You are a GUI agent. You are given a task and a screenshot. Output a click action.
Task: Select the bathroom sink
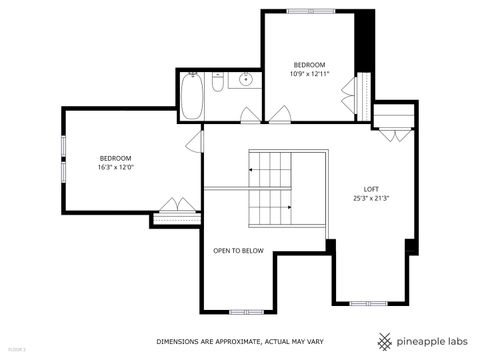point(245,81)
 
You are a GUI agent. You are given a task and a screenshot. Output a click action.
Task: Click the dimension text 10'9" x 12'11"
point(310,73)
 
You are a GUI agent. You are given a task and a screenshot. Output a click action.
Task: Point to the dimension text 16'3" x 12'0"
point(116,167)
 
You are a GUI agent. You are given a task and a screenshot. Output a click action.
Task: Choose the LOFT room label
point(371,189)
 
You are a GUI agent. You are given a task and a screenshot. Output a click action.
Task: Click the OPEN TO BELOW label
point(238,251)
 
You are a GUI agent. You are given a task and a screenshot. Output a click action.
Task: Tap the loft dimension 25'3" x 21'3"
point(371,198)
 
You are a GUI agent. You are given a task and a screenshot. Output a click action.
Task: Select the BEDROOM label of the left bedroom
point(115,158)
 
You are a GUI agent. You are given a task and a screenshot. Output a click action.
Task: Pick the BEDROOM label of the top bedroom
point(310,64)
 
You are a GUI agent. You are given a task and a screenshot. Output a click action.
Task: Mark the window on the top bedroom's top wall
point(311,11)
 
